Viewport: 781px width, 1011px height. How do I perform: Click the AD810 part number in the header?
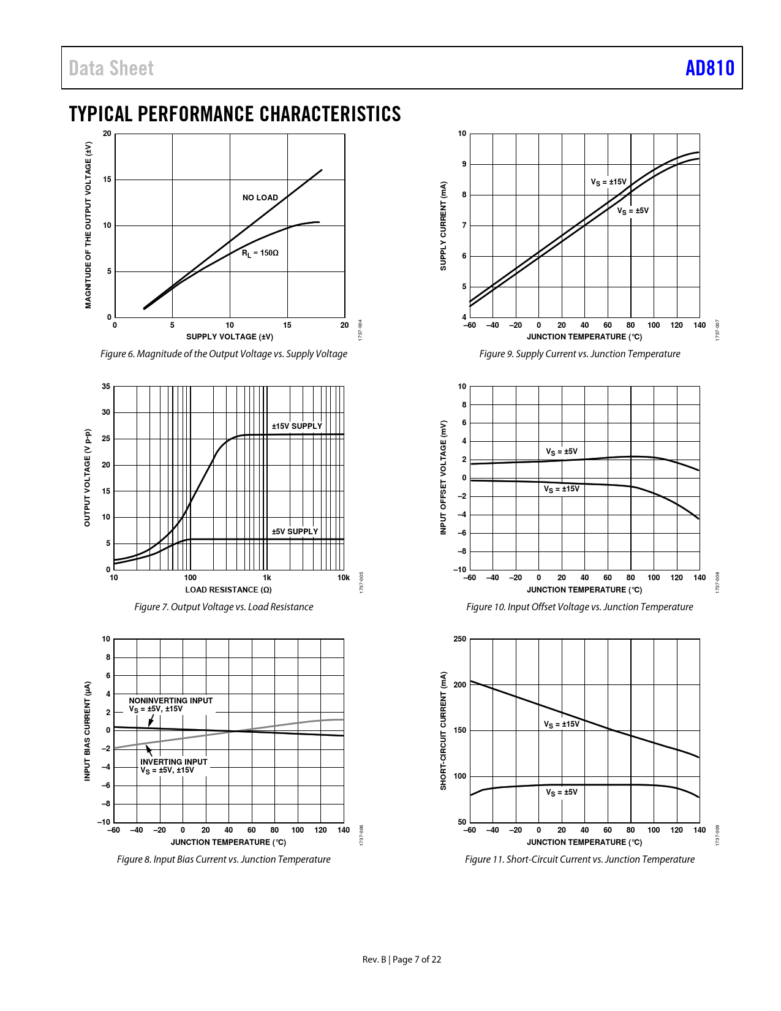[x=709, y=68]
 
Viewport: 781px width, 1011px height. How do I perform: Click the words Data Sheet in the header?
[x=111, y=68]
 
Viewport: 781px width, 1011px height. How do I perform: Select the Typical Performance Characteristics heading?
[x=235, y=114]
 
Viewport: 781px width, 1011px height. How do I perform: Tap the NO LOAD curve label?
[x=260, y=197]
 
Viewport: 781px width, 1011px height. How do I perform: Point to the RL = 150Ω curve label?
[x=260, y=252]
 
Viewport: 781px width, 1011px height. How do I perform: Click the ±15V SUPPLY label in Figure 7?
[x=296, y=426]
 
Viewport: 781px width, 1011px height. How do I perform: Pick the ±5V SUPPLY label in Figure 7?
[x=295, y=531]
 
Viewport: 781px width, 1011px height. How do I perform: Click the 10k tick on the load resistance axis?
[x=344, y=577]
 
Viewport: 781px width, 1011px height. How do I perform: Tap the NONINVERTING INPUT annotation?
[x=170, y=700]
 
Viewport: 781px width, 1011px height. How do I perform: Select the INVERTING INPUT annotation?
[x=173, y=762]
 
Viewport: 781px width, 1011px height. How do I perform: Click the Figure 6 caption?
[x=224, y=354]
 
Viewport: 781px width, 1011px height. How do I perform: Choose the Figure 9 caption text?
[x=579, y=354]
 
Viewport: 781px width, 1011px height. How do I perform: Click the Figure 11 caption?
[x=579, y=859]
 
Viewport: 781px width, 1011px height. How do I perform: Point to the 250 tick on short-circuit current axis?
[x=459, y=639]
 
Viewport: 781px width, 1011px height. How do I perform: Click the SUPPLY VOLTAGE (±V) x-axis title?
[x=230, y=336]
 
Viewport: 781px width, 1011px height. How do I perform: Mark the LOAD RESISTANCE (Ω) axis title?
[x=228, y=589]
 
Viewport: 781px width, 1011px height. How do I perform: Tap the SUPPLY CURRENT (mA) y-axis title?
[x=443, y=225]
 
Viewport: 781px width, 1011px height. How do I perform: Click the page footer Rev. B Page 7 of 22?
[x=401, y=960]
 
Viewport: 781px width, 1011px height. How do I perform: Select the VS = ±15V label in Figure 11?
[x=561, y=724]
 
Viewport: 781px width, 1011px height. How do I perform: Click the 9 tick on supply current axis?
[x=464, y=164]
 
